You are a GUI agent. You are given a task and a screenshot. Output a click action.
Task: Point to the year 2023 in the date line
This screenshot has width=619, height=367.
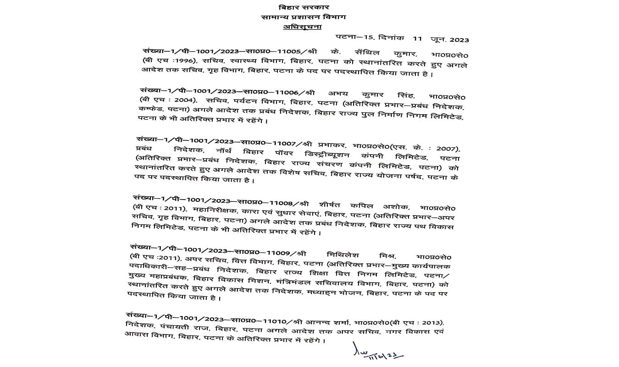(x=459, y=40)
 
